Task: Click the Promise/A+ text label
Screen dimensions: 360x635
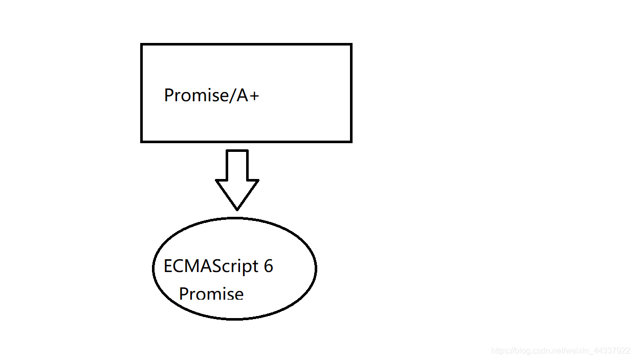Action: tap(211, 96)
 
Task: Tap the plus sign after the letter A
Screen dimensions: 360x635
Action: tap(254, 96)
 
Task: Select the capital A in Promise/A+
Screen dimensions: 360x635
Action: tap(242, 96)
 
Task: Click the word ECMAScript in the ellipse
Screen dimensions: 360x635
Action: tap(211, 266)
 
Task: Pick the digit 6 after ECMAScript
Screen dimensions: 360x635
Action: tap(269, 266)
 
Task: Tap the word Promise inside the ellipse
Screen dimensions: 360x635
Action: tap(211, 294)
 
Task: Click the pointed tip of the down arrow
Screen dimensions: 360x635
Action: tap(237, 209)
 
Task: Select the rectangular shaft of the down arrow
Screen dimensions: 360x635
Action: tap(237, 165)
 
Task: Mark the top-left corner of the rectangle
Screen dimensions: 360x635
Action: tap(142, 45)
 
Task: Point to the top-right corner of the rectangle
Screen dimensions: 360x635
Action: tap(351, 45)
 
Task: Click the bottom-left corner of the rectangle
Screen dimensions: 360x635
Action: tap(142, 141)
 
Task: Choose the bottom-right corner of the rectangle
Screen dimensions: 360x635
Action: tap(351, 141)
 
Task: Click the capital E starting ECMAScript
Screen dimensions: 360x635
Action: tap(168, 266)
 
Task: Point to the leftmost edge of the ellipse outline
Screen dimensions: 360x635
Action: tap(154, 268)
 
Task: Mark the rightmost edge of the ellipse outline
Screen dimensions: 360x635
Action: tap(316, 268)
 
